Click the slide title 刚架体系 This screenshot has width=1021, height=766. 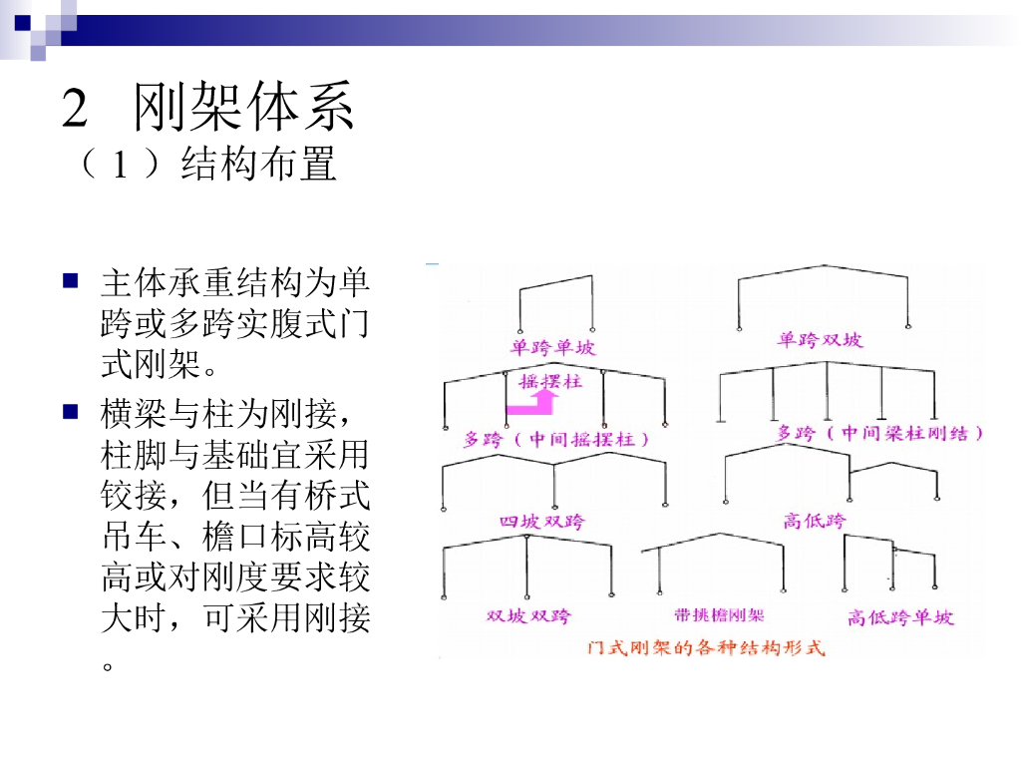[x=244, y=108]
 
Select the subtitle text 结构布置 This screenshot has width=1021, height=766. [x=258, y=165]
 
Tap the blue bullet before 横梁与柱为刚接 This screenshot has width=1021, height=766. [x=70, y=410]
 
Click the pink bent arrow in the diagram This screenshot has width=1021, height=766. [x=530, y=402]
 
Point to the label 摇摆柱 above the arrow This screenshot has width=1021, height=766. [x=549, y=381]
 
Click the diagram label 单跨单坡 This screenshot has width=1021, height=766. [x=552, y=347]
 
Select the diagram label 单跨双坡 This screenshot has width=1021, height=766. [x=821, y=341]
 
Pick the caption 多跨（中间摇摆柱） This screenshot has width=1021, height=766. [x=558, y=439]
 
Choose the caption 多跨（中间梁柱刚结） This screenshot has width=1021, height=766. [x=880, y=434]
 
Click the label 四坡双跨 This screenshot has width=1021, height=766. [x=542, y=521]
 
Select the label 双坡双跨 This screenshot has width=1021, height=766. [x=529, y=615]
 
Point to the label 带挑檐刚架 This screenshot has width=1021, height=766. [x=719, y=615]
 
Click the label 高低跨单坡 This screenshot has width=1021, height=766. [x=900, y=617]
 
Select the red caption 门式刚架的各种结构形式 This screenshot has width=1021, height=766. [x=707, y=646]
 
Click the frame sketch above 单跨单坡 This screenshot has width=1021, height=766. [x=555, y=304]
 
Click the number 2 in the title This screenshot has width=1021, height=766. [x=76, y=108]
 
